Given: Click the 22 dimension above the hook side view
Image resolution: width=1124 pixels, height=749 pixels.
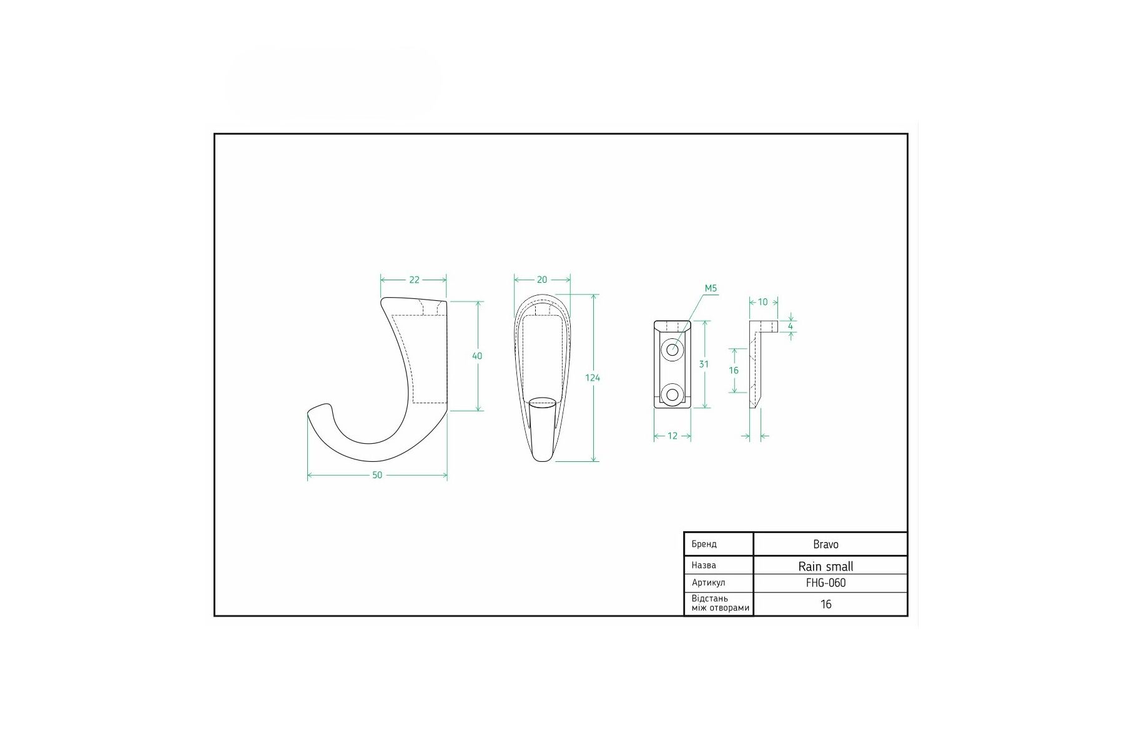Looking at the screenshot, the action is pos(414,280).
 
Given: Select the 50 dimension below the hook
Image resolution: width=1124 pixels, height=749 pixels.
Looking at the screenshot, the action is pos(377,475).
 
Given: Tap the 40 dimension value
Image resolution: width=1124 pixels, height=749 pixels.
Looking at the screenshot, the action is pos(477,356).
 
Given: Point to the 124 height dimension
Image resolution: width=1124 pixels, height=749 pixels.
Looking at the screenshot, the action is pos(593,378).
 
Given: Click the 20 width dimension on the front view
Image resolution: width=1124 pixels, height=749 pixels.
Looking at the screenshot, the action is pos(542,280).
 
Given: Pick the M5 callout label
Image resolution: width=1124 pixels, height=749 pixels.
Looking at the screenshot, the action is pos(711,288).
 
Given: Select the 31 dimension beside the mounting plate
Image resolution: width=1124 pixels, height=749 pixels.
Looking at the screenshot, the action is pos(704,365).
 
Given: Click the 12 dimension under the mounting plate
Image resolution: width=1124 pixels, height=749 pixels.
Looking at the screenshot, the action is pos(673,436).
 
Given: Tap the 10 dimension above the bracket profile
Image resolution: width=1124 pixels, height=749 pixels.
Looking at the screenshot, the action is pos(763,302).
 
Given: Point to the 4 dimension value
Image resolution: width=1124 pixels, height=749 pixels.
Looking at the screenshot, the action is pos(791,326).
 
